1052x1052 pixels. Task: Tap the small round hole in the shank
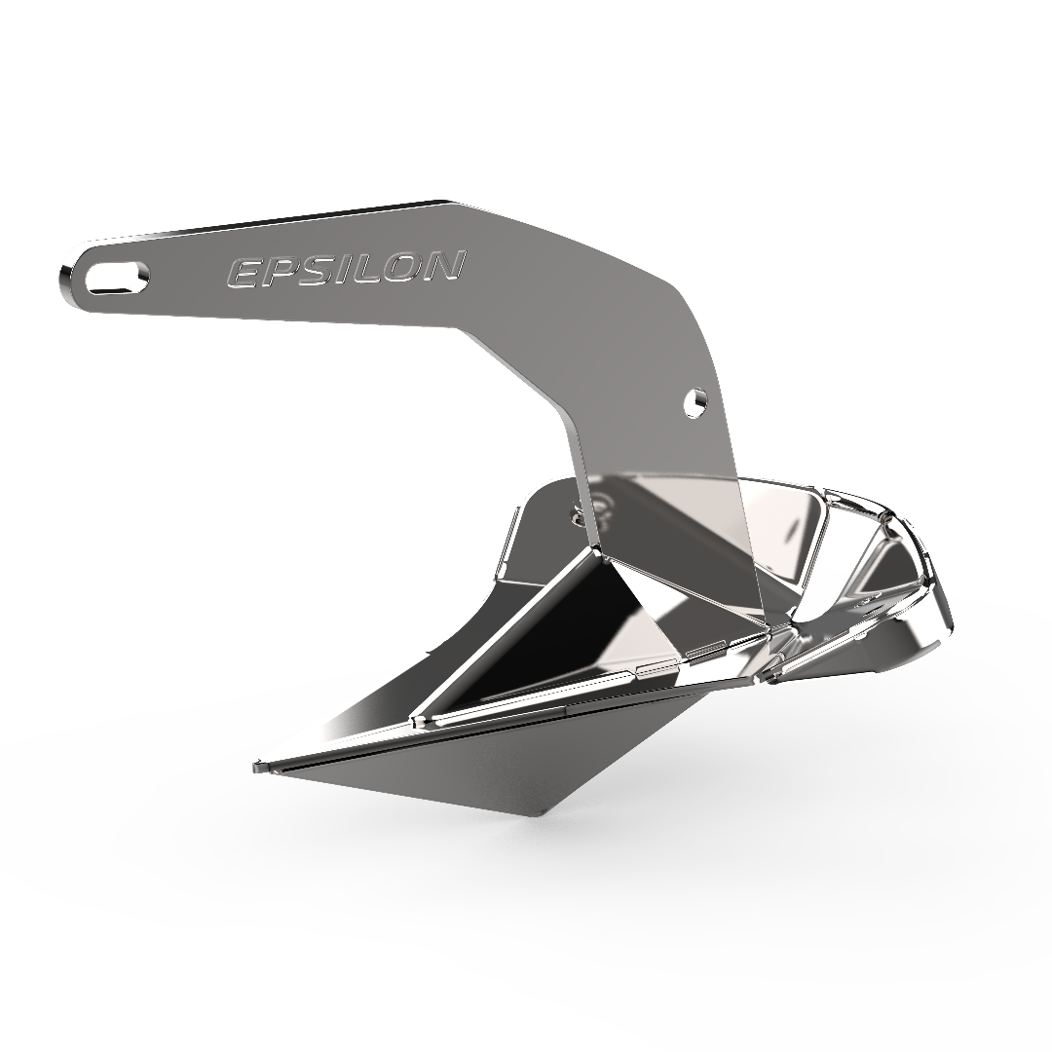click(695, 401)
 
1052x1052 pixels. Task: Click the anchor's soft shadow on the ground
click(682, 828)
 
